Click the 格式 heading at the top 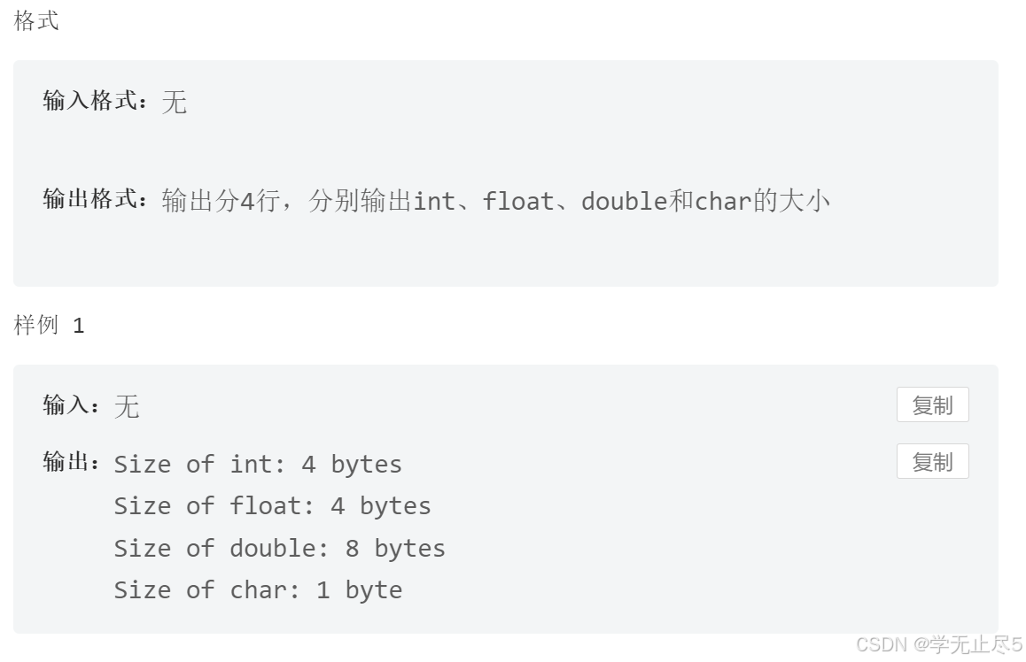pos(36,21)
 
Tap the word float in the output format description pos(517,202)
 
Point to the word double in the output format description pos(624,202)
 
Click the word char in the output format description pos(723,202)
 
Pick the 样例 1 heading pos(50,326)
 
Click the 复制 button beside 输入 pos(932,405)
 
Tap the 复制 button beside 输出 pos(932,462)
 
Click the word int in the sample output pos(255,465)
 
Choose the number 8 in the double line pos(352,549)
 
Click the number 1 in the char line pos(323,590)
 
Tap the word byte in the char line pos(373,590)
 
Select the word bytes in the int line pos(366,465)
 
